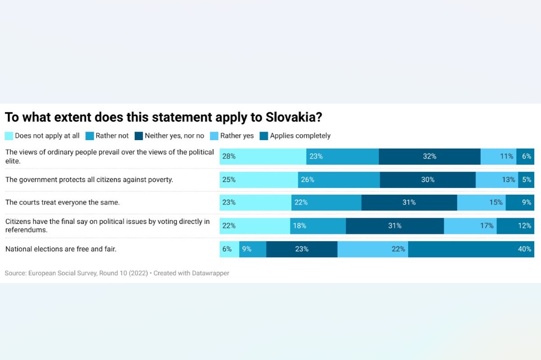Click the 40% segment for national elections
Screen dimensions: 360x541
point(471,249)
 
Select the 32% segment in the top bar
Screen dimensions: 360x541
point(429,156)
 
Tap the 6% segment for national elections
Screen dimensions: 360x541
point(229,249)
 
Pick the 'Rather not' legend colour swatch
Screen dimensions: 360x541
point(89,136)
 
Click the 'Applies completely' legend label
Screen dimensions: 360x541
point(300,136)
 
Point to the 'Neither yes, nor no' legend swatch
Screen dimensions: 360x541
point(138,136)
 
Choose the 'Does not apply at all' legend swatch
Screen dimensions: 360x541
point(9,136)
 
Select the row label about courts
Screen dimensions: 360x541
point(62,202)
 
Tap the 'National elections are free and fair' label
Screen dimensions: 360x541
point(61,248)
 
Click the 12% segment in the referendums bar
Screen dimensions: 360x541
point(515,226)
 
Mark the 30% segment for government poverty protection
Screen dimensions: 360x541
point(427,179)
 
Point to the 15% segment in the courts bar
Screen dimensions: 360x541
point(481,202)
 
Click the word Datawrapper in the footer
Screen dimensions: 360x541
point(211,273)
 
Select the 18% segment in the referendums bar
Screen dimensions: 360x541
point(318,226)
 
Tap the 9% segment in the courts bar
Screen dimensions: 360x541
point(520,202)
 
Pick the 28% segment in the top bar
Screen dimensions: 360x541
point(263,156)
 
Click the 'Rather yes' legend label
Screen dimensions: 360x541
point(237,136)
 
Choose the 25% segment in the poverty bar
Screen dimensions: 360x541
point(259,179)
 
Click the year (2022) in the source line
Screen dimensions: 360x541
point(138,273)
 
